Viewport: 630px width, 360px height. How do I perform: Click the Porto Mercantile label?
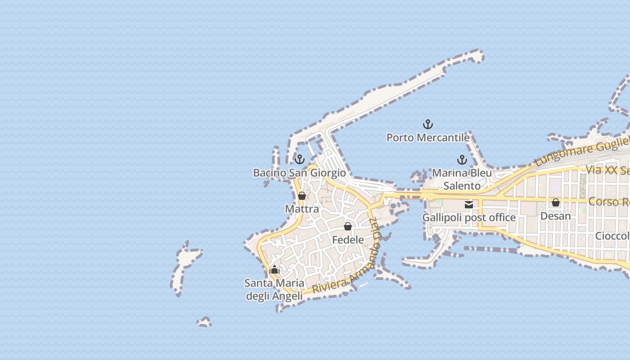(428, 137)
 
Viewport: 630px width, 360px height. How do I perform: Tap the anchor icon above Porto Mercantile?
(427, 124)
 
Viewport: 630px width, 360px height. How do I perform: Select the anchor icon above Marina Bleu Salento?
(462, 160)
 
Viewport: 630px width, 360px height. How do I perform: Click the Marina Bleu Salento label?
(462, 179)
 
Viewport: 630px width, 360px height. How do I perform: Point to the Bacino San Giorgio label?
(299, 173)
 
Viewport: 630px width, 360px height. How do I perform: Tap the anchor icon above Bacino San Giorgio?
(299, 159)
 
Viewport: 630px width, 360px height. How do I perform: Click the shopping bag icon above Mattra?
(302, 196)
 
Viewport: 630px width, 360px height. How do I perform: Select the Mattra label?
(302, 209)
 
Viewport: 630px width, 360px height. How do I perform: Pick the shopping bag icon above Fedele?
(348, 226)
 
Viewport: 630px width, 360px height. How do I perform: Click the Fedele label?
(348, 240)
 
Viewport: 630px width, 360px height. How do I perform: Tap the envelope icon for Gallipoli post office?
(469, 205)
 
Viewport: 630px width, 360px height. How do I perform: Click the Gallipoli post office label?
(469, 218)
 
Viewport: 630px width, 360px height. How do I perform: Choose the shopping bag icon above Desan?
(556, 202)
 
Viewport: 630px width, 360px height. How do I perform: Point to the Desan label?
(556, 216)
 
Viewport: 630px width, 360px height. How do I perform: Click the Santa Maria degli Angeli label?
(274, 289)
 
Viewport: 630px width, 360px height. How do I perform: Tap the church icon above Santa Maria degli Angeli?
(274, 270)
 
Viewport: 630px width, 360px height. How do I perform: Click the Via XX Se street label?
(607, 170)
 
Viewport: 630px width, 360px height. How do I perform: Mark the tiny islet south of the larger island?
(204, 322)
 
